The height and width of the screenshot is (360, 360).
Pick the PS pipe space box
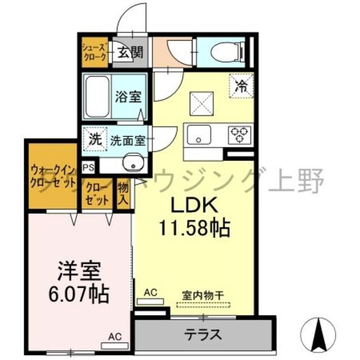point(88,167)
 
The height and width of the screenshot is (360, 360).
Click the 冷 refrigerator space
point(241,87)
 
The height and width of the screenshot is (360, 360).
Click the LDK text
point(184,204)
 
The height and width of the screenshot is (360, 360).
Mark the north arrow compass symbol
point(322,332)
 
